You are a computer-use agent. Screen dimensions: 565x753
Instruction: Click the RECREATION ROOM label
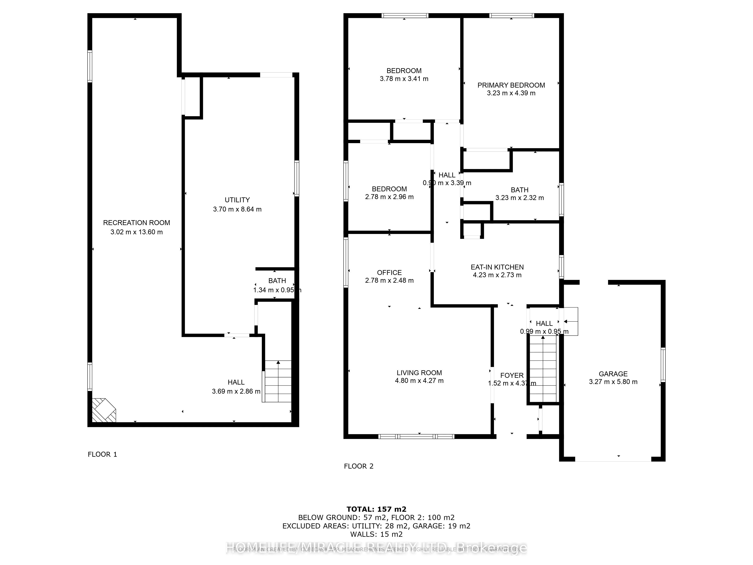pos(136,223)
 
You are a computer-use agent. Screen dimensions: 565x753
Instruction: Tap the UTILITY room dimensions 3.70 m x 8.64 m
pos(237,209)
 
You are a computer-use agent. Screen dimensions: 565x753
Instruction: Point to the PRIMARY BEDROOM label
pos(511,85)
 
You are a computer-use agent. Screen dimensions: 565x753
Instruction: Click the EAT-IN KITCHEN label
pos(497,267)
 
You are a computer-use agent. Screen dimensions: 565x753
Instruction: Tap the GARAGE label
pos(613,374)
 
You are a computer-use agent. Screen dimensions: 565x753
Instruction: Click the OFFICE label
pos(389,273)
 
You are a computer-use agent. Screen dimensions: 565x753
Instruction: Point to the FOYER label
pos(512,375)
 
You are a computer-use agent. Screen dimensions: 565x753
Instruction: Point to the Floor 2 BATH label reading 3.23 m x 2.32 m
pos(519,190)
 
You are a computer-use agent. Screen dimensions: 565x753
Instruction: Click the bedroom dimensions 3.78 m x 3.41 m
pos(404,79)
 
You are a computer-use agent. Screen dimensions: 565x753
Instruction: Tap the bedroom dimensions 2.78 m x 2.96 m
pos(389,197)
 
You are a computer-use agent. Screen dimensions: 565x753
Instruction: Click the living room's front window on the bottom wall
pos(416,436)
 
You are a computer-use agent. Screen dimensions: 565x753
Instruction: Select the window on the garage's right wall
pos(663,364)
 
